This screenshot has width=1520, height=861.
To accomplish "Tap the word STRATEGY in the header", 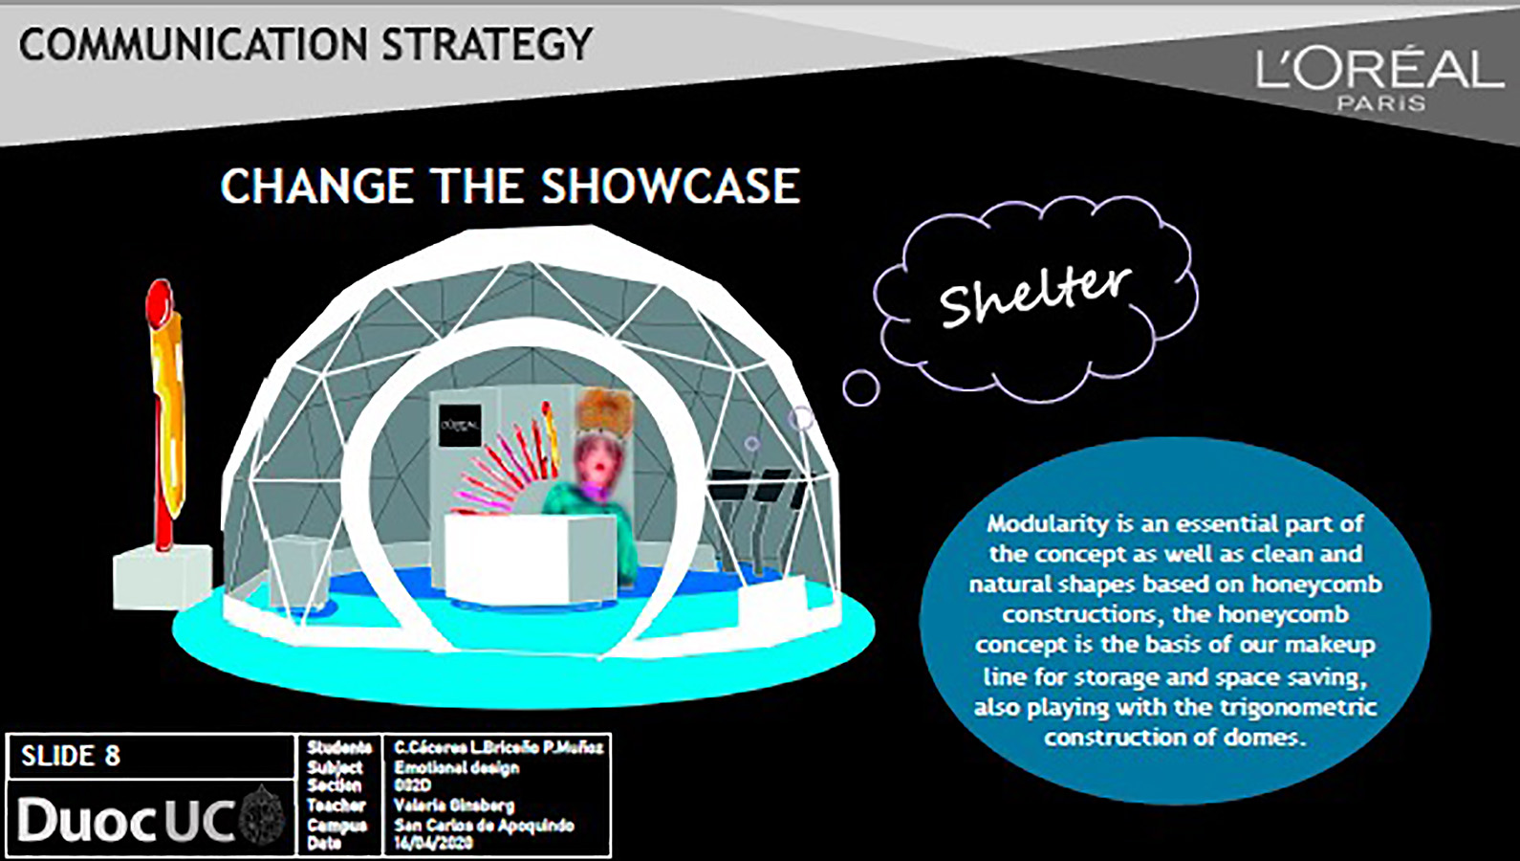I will [488, 45].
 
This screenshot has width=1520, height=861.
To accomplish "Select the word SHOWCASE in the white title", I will [670, 187].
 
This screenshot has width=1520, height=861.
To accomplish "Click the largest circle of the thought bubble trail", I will [860, 387].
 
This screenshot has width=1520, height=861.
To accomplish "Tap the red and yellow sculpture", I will [166, 411].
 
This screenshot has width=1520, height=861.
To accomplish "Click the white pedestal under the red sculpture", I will [163, 576].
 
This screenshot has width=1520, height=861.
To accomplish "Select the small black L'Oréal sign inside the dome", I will [460, 425].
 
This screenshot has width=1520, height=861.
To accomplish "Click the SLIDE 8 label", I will [71, 756].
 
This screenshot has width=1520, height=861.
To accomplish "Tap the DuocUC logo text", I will [124, 821].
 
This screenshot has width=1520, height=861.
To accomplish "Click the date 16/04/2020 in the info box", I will [433, 843].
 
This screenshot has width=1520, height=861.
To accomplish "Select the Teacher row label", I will [336, 806].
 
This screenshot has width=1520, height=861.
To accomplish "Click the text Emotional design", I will [456, 767].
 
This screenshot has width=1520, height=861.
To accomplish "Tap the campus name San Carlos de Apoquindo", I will [484, 825].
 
